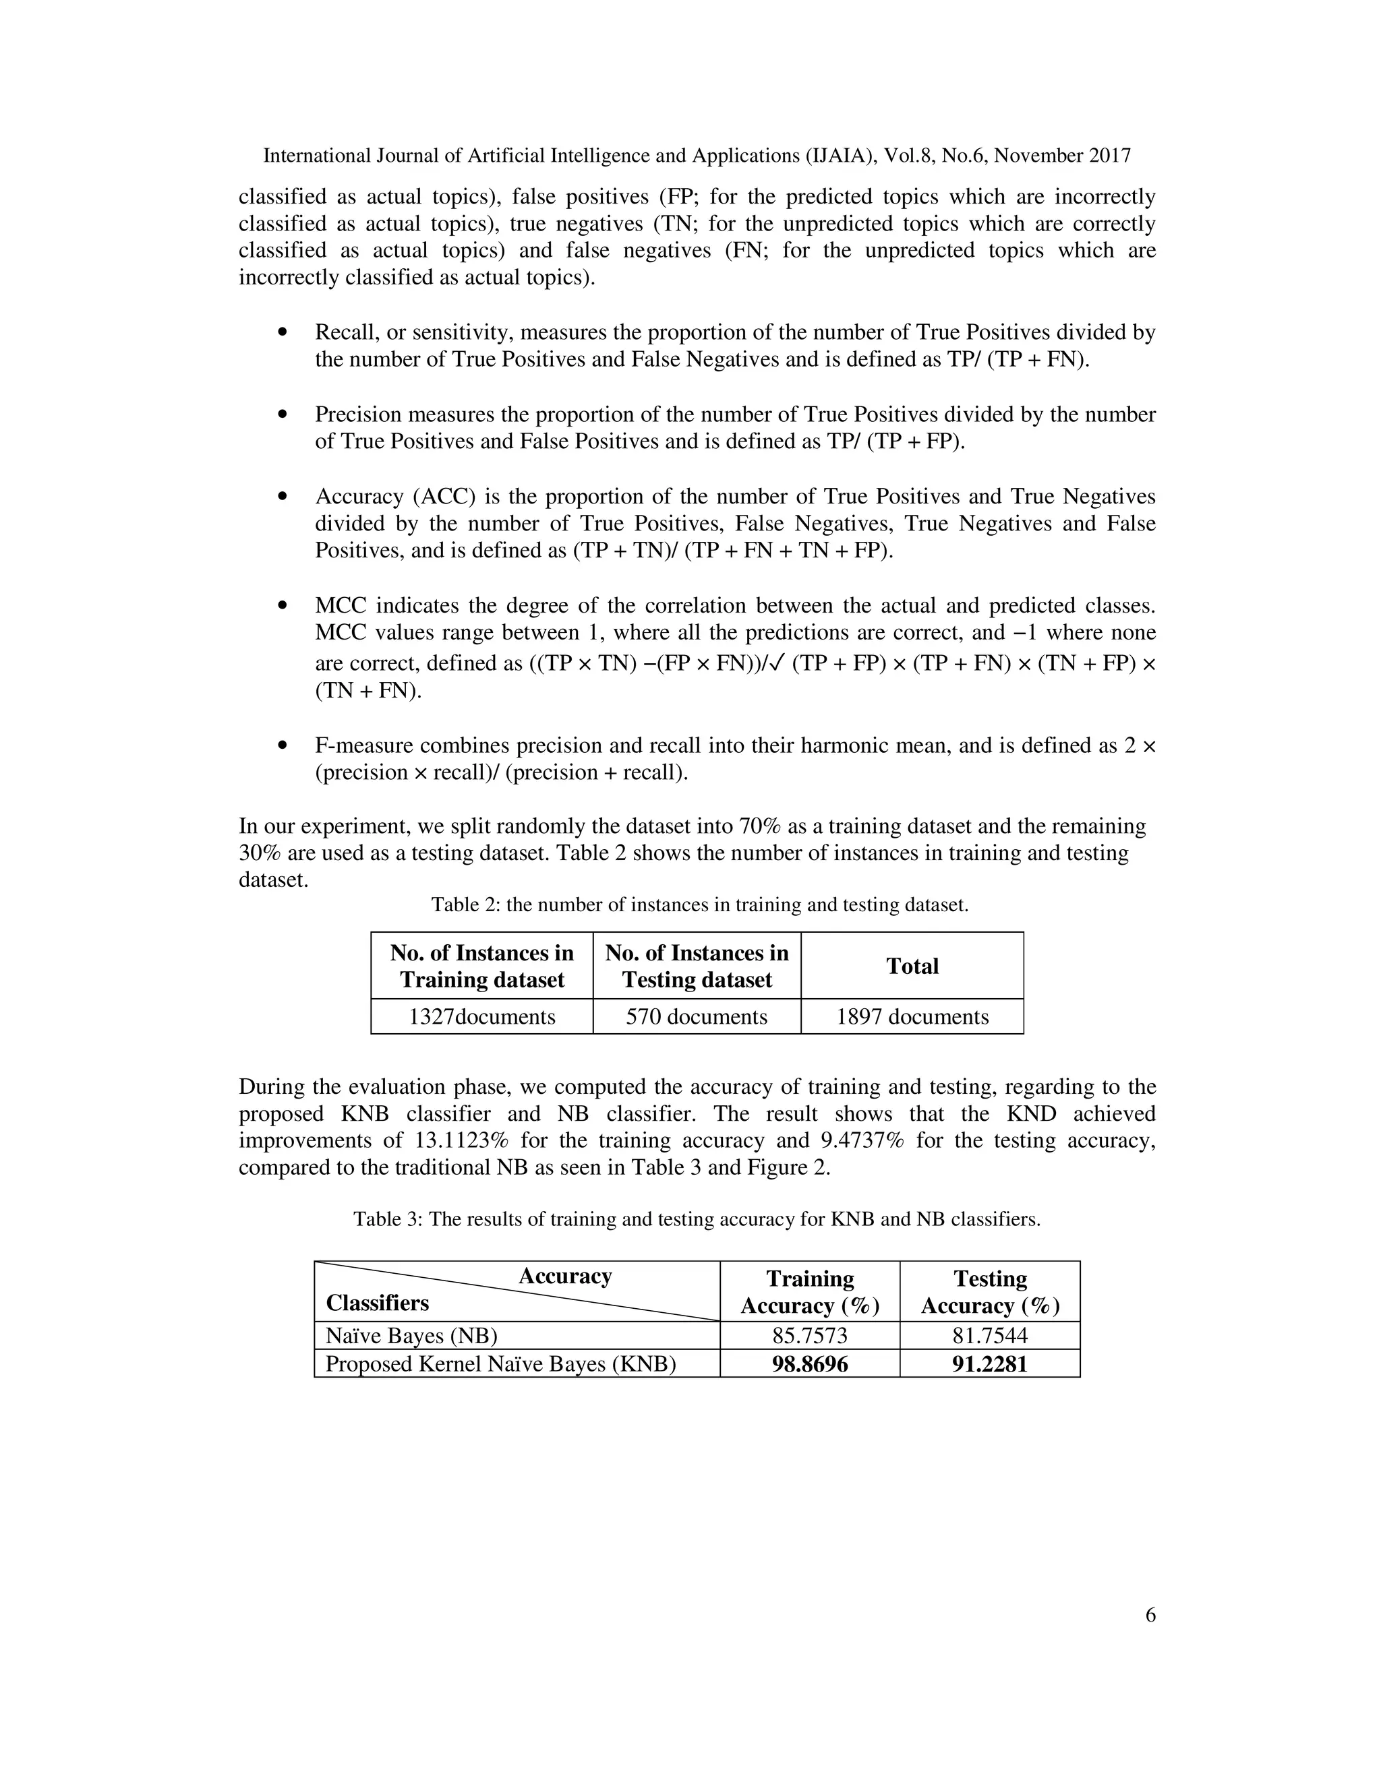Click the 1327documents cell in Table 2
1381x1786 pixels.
pyautogui.click(x=482, y=1016)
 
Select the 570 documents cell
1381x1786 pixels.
pyautogui.click(x=696, y=1016)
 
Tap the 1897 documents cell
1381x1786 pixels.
pyautogui.click(x=912, y=1016)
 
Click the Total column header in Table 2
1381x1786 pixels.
pyautogui.click(x=912, y=966)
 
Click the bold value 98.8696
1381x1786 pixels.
pyautogui.click(x=810, y=1364)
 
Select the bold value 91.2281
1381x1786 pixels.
pyautogui.click(x=990, y=1364)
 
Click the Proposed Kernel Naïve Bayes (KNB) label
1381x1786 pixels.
pyautogui.click(x=501, y=1364)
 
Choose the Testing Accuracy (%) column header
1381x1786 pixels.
pyautogui.click(x=990, y=1292)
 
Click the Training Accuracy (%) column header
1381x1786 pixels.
pyautogui.click(x=810, y=1292)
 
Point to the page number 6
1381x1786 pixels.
pyautogui.click(x=1150, y=1615)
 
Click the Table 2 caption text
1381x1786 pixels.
pyautogui.click(x=699, y=904)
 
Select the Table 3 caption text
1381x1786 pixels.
pyautogui.click(x=696, y=1219)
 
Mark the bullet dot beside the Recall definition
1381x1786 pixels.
pyautogui.click(x=283, y=332)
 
